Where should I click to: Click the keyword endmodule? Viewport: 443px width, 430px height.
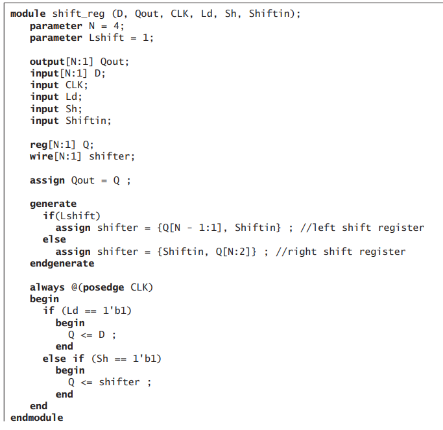[x=37, y=417]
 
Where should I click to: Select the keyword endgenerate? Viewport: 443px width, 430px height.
[x=62, y=263]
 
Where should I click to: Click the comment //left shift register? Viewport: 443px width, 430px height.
[x=363, y=228]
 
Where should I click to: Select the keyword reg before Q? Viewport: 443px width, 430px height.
[x=39, y=145]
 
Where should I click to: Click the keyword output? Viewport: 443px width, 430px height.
[x=47, y=62]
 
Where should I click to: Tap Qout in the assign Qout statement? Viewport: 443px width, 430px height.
[x=83, y=180]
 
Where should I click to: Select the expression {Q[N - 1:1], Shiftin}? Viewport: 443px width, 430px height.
[x=219, y=228]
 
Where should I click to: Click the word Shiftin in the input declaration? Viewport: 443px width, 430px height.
[x=88, y=121]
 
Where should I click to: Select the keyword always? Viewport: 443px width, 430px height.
[x=47, y=287]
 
